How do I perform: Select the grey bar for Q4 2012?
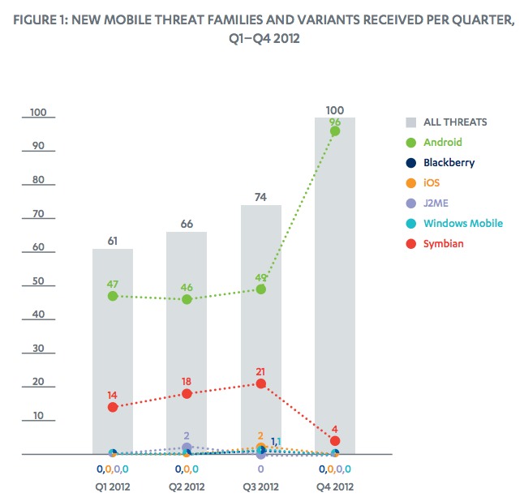click(334, 284)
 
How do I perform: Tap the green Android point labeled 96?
click(334, 131)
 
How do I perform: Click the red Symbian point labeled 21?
click(260, 383)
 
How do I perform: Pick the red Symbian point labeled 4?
click(334, 441)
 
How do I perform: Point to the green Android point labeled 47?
click(113, 296)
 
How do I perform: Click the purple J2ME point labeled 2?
click(187, 447)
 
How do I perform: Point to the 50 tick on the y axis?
click(37, 282)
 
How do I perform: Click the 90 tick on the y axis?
click(37, 147)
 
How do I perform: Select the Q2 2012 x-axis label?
click(187, 487)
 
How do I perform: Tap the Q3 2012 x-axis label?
click(260, 487)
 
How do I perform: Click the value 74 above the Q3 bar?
click(260, 195)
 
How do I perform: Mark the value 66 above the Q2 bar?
click(187, 222)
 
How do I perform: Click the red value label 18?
click(187, 379)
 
